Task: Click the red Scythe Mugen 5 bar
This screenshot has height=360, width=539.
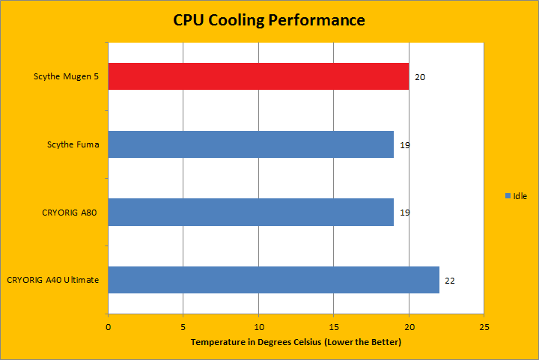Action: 258,76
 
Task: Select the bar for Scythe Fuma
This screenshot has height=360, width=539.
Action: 251,144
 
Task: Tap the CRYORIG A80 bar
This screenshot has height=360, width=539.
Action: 251,212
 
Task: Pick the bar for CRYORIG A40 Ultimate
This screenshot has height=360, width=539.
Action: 273,280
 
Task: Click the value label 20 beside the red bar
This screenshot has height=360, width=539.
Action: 420,77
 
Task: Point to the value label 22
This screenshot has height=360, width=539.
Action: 450,281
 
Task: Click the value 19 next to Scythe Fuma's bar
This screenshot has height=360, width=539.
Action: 405,145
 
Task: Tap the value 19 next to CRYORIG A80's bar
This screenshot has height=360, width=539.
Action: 405,213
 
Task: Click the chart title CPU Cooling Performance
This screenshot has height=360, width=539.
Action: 269,20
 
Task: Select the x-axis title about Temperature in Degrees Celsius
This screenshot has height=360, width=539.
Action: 296,342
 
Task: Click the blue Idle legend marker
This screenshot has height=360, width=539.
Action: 508,195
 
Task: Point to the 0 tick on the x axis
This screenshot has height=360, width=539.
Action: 109,327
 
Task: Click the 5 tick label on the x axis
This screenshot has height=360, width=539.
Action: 183,327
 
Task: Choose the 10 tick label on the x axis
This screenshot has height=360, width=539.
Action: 258,327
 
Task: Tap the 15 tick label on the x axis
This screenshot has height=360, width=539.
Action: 334,327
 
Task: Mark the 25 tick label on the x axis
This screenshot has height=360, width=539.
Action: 484,327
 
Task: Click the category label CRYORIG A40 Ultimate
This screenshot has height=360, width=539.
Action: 53,280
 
